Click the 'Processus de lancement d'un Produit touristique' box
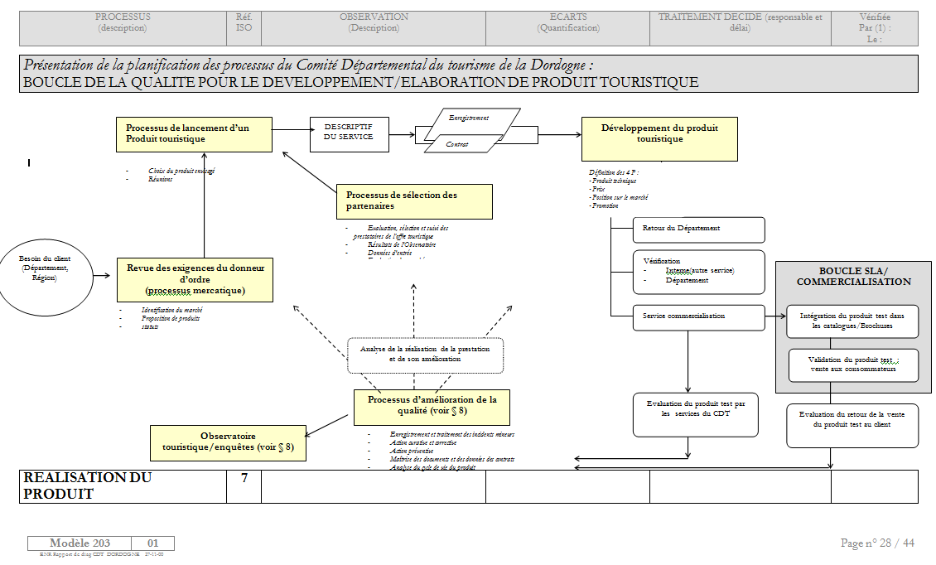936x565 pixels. click(x=194, y=134)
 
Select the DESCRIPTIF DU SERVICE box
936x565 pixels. click(x=348, y=132)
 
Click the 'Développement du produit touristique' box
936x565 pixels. click(x=659, y=138)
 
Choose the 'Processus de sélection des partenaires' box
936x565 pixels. click(x=414, y=200)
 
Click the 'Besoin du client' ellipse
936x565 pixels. click(x=46, y=268)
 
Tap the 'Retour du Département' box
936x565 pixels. click(x=698, y=229)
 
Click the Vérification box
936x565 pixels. click(x=698, y=272)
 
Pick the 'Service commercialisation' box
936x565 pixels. click(x=698, y=316)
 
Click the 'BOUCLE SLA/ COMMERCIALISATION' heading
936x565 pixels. click(x=853, y=276)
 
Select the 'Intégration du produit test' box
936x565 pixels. click(x=852, y=321)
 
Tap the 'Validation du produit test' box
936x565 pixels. click(x=853, y=365)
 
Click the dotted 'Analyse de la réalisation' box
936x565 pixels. click(x=425, y=355)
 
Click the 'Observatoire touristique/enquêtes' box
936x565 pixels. click(x=228, y=442)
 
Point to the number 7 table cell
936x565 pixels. click(x=244, y=486)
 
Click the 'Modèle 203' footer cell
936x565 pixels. click(x=79, y=543)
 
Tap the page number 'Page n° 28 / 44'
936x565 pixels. click(x=877, y=543)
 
